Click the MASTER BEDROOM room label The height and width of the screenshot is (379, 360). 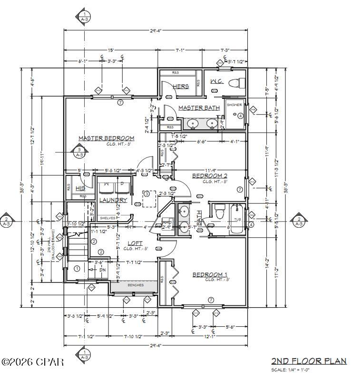[x=106, y=138]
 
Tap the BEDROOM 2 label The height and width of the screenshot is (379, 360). [x=210, y=176]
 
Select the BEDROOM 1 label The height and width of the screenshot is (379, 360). [x=210, y=275]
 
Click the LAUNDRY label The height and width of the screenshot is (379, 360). [x=113, y=200]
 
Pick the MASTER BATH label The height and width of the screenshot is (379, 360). [x=199, y=108]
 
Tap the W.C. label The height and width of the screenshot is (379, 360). [x=217, y=82]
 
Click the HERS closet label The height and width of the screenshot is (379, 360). [x=181, y=87]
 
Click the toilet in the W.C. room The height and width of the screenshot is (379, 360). [x=234, y=84]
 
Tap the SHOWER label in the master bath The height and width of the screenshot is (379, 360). [x=234, y=105]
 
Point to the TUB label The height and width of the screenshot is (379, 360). [x=238, y=219]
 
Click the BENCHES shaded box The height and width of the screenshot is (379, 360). [x=134, y=285]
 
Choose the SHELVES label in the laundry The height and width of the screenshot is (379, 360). [x=107, y=218]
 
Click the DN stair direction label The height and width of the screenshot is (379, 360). [x=102, y=270]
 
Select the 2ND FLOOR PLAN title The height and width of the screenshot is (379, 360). [x=309, y=361]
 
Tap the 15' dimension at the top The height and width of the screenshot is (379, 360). [x=110, y=50]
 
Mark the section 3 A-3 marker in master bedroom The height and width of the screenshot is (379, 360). [x=79, y=152]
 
